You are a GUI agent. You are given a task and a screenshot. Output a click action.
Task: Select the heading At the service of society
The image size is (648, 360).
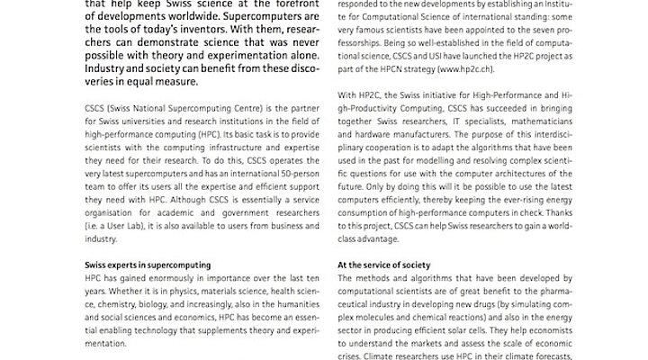point(384,265)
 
